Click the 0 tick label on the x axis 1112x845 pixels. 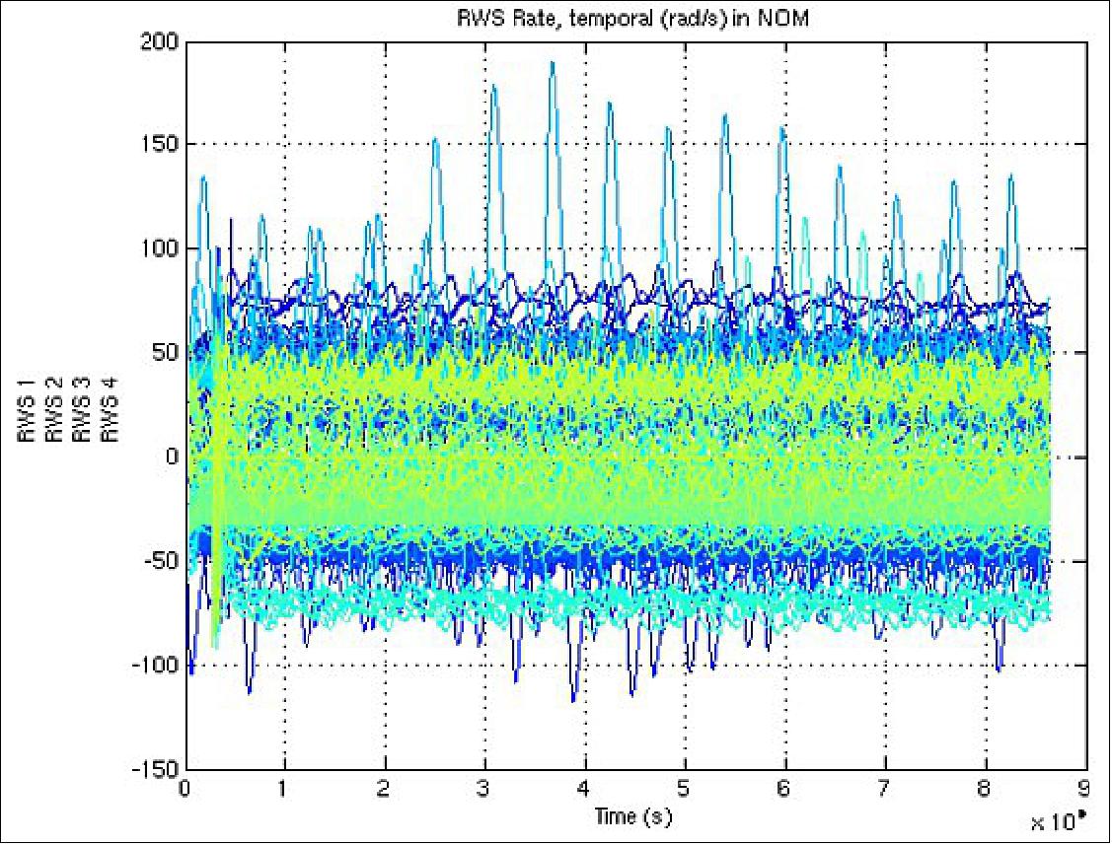pos(185,790)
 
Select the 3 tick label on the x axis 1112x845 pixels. pos(485,790)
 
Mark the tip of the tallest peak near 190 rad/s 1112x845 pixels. pos(553,62)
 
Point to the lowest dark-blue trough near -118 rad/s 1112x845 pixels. pos(573,701)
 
